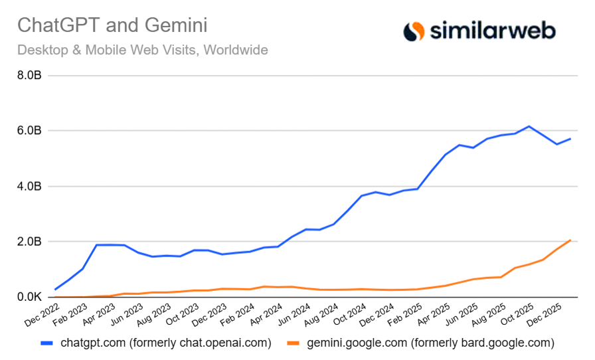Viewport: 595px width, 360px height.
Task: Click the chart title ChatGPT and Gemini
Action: coord(112,26)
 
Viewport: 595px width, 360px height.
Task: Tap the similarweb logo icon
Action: coord(414,31)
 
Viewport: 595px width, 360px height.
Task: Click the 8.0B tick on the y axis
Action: coord(29,76)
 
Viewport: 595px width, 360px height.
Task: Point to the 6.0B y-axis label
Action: coord(29,131)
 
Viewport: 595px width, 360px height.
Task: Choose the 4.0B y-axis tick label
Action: coord(29,187)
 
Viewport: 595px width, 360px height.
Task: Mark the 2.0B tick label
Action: coord(29,242)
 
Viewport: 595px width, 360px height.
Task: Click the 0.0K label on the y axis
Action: coord(29,297)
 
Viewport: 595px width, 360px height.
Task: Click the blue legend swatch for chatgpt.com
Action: coord(46,343)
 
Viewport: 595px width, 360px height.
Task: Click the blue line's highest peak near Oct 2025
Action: coord(529,126)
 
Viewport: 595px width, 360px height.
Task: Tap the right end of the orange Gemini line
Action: coord(570,240)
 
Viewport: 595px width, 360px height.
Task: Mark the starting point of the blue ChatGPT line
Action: coord(55,290)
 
